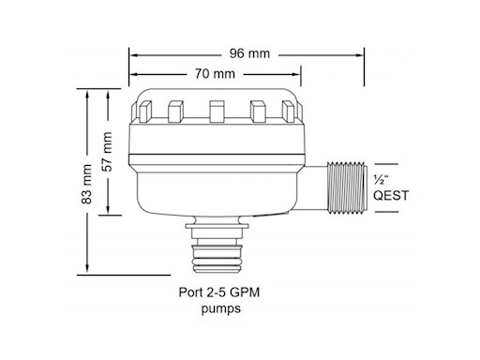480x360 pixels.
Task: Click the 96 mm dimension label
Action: pyautogui.click(x=249, y=53)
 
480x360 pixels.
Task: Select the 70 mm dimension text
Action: pyautogui.click(x=215, y=74)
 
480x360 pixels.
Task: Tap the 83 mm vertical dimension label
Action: pyautogui.click(x=86, y=184)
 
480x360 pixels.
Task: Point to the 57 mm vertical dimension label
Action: pyautogui.click(x=107, y=152)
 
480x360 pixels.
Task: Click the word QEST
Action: pyautogui.click(x=391, y=196)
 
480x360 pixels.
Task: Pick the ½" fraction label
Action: pyautogui.click(x=381, y=180)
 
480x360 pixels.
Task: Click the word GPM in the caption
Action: pyautogui.click(x=245, y=292)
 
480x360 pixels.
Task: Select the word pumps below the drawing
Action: pyautogui.click(x=221, y=308)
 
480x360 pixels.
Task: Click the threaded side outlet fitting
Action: pyautogui.click(x=346, y=187)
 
